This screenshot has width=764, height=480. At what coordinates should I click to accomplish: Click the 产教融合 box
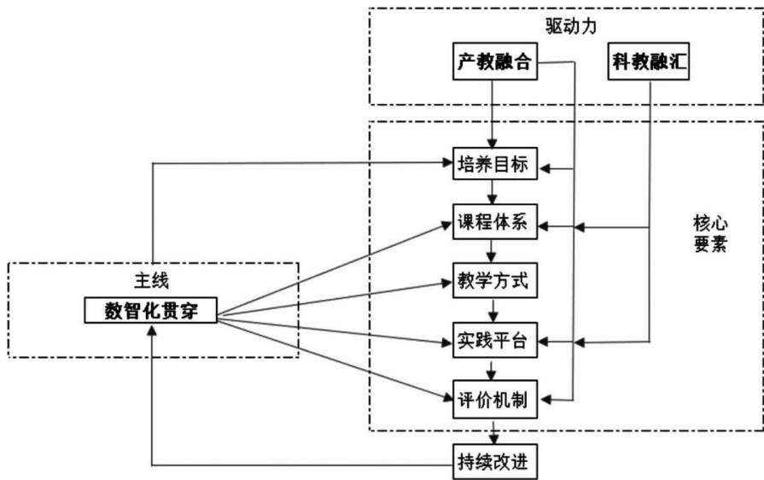click(x=495, y=61)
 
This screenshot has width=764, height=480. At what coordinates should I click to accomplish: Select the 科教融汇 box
click(x=649, y=61)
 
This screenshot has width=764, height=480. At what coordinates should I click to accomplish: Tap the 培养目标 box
click(x=495, y=164)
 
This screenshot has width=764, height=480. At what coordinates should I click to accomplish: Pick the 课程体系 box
click(x=495, y=222)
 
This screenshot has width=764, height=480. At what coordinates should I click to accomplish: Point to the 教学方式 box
click(x=495, y=280)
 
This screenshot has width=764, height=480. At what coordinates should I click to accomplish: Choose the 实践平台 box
click(x=495, y=340)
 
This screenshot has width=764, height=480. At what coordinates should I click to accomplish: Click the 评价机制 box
click(x=495, y=400)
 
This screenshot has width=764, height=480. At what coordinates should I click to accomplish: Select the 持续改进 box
click(x=495, y=461)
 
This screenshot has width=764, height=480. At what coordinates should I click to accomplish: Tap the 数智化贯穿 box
click(x=150, y=310)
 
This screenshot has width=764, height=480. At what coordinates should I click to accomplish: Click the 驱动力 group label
click(x=570, y=26)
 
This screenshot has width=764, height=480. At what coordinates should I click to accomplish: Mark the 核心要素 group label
click(x=710, y=234)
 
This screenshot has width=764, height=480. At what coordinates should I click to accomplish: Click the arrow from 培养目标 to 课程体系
click(x=492, y=192)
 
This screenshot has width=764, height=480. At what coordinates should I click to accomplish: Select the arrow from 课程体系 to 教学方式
click(x=492, y=251)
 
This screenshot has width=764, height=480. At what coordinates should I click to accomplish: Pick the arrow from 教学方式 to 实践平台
click(x=493, y=310)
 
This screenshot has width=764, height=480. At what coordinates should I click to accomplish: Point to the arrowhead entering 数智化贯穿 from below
click(x=152, y=331)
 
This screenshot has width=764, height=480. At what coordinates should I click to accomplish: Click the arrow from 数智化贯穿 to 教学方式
click(x=335, y=297)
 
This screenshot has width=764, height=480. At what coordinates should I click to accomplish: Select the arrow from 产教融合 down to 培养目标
click(x=492, y=114)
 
